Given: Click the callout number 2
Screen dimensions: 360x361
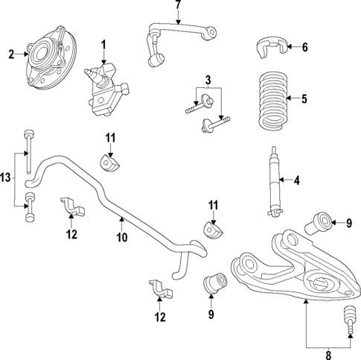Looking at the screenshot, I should point(10,54).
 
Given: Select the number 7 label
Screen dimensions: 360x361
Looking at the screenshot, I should point(178,6).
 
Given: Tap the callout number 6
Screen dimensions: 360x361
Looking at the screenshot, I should point(304,47).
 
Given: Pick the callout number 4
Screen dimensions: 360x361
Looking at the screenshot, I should point(297,180).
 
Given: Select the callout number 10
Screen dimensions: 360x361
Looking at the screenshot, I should point(122,238).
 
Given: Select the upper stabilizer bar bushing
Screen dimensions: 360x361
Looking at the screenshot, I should point(109,161).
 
